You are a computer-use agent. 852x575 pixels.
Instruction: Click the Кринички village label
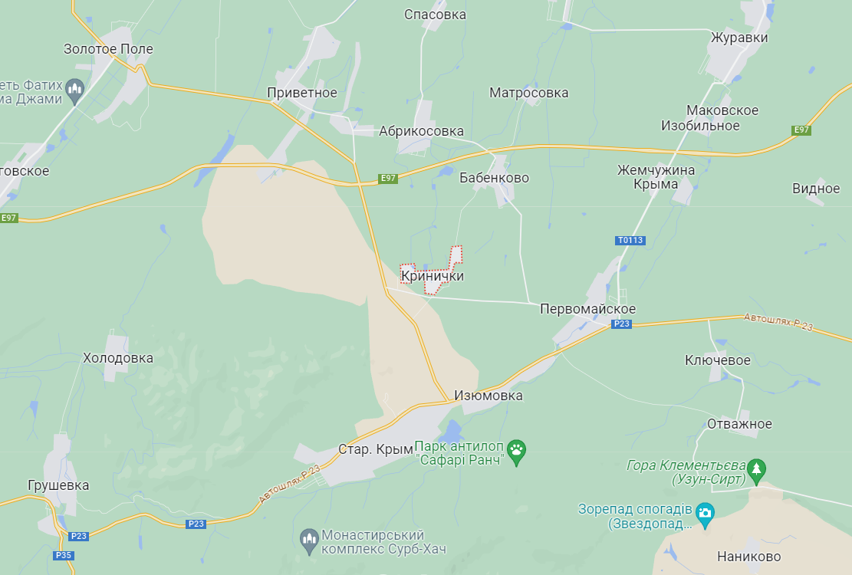(433, 276)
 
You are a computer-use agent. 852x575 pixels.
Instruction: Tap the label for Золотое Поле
(108, 49)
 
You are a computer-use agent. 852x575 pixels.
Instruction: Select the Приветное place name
(301, 93)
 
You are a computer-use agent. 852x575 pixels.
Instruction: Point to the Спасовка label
(435, 15)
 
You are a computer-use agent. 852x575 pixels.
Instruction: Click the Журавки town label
(739, 38)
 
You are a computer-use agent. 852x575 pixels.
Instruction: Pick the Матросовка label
(529, 93)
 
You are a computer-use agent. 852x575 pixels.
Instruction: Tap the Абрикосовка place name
(421, 131)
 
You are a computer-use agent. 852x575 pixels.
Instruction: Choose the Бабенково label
(494, 178)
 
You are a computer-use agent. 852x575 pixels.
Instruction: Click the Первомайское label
(587, 309)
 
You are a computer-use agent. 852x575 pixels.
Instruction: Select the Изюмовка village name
(489, 396)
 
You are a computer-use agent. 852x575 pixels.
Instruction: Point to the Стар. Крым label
(376, 449)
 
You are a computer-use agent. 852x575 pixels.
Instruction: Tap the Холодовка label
(118, 358)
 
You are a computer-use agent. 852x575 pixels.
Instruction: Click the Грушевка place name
(58, 485)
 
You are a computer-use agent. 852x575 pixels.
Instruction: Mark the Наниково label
(748, 557)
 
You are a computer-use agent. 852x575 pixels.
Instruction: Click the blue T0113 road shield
(630, 241)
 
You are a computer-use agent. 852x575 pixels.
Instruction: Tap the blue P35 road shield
(64, 555)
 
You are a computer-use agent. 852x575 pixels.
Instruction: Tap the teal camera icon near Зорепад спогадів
(706, 512)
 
